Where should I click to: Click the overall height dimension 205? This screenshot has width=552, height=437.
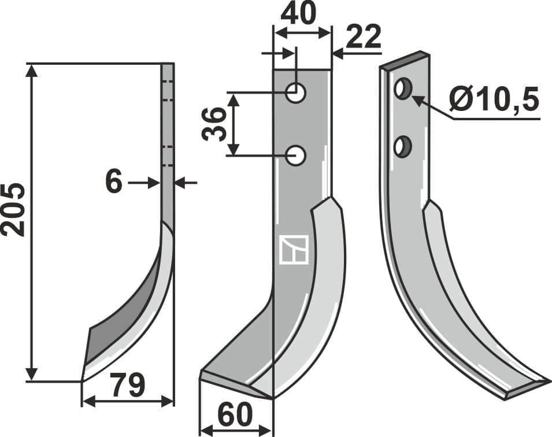click(x=13, y=209)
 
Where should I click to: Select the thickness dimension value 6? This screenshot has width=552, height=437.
click(x=114, y=183)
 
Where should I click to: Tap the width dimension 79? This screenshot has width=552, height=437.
click(x=128, y=386)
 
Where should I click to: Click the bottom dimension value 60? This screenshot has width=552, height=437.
click(x=235, y=414)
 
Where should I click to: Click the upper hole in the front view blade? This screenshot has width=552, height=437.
click(x=297, y=92)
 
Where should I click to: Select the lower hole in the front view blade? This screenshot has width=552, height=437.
click(x=297, y=155)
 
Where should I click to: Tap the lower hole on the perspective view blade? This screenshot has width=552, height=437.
click(x=402, y=146)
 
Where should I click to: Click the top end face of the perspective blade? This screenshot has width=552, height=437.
click(x=405, y=61)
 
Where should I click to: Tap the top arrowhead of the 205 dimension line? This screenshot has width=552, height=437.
click(x=32, y=71)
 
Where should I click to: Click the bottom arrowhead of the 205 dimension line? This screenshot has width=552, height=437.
click(x=32, y=374)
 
